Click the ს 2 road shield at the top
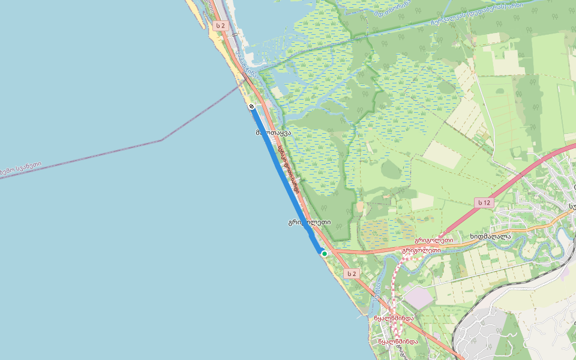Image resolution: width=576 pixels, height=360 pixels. [x=221, y=26]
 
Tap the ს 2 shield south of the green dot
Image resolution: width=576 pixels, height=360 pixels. [x=351, y=274]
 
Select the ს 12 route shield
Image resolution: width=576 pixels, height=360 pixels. [x=484, y=203]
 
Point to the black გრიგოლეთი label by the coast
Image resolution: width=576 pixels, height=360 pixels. [x=309, y=222]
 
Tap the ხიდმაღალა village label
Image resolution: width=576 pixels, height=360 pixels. [x=490, y=236]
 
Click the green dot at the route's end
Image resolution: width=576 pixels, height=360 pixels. [x=324, y=254]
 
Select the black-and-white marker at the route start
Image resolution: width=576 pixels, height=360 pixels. [x=252, y=106]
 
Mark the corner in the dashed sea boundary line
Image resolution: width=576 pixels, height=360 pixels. [x=161, y=140]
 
